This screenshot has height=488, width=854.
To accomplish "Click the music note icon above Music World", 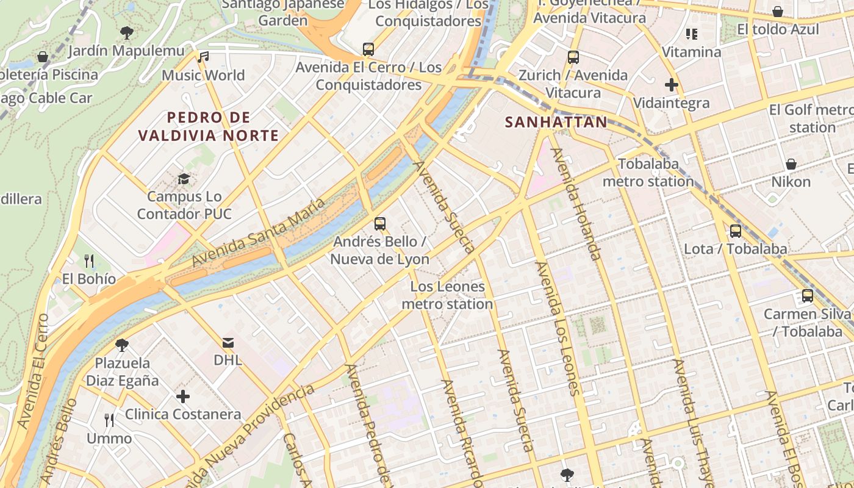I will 203,57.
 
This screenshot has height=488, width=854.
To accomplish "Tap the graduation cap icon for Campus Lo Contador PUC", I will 184,179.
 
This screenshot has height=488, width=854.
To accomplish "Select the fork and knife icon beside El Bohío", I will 89,261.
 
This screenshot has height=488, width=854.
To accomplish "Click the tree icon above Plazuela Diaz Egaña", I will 122,345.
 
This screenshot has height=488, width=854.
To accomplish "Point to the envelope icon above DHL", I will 228,342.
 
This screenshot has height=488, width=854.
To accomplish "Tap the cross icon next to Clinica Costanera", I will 183,396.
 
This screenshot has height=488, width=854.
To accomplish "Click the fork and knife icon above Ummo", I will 109,420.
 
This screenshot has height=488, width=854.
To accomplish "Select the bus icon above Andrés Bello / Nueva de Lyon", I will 380,223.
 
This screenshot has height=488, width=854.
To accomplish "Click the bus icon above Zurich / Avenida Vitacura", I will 573,57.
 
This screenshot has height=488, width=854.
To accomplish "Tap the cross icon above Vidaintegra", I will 672,85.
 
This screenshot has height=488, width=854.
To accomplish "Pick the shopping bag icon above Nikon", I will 791,164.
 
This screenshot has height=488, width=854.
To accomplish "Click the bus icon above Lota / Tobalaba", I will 736,231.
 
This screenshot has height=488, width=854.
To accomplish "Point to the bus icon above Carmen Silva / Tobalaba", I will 808,296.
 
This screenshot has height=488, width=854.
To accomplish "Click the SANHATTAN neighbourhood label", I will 556,122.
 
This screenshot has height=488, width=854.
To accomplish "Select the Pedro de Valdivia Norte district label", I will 208,126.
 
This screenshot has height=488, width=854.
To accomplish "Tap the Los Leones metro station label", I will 448,295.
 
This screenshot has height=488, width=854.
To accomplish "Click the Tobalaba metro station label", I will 648,173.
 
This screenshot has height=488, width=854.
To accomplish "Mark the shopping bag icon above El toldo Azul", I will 778,12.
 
